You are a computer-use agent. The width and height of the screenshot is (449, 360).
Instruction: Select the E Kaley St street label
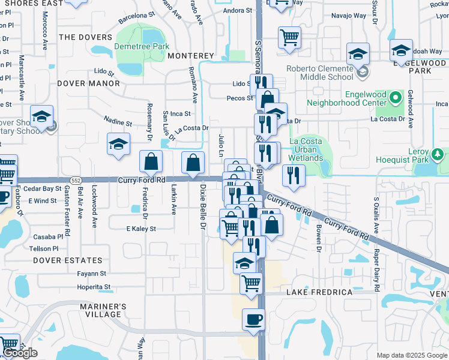click(x=141, y=229)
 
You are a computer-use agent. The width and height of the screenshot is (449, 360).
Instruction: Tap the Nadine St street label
click(x=118, y=122)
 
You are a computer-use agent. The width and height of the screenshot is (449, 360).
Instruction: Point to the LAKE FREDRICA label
click(x=319, y=292)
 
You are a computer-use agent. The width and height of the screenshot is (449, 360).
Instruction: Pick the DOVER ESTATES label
click(x=68, y=260)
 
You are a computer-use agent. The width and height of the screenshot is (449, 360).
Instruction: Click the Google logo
click(x=20, y=353)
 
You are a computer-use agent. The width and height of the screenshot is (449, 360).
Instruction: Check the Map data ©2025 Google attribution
click(x=412, y=355)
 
